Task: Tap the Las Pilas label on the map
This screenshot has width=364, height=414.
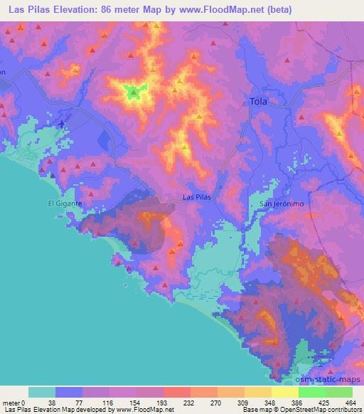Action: point(196,197)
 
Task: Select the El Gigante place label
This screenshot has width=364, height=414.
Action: point(65,203)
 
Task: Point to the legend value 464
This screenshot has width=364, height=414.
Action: point(351,403)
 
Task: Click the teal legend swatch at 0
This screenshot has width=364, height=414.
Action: point(42,392)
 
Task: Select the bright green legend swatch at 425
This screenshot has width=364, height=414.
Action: point(312,392)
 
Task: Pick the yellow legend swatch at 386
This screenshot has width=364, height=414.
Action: point(285,392)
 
